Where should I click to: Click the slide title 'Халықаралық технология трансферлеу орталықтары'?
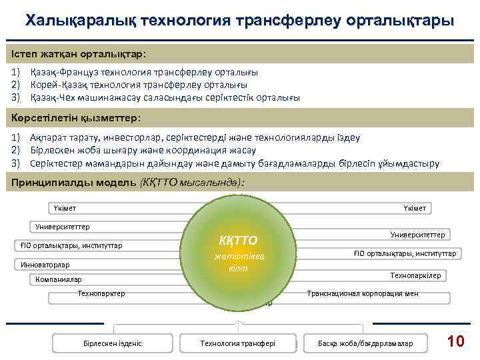coord(240,21)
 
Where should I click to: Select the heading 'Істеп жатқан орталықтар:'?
coord(79,52)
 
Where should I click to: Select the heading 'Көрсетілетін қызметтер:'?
coord(76,117)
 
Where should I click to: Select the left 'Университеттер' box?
coord(63,227)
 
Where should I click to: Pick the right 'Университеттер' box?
coord(419,234)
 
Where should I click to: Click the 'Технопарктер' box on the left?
coord(101,293)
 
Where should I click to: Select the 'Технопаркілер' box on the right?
coord(419,275)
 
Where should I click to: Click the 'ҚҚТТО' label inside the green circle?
coord(238,240)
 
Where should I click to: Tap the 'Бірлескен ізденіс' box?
coord(113,343)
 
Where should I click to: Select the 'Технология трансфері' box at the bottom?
coord(238,343)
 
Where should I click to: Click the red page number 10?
coord(455,341)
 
